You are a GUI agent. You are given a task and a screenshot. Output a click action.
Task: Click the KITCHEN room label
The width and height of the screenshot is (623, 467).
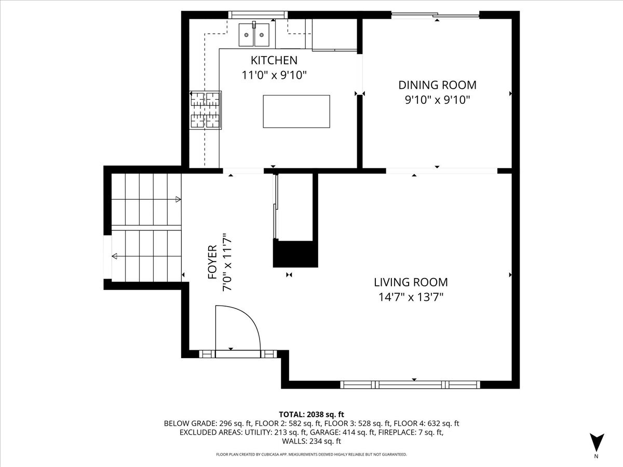[274, 60]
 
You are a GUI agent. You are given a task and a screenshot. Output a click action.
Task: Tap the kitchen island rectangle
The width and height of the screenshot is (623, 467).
[296, 111]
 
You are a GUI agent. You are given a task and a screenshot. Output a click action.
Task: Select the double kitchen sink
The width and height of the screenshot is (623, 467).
[254, 35]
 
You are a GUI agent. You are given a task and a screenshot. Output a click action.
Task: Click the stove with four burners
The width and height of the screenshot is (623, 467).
[205, 109]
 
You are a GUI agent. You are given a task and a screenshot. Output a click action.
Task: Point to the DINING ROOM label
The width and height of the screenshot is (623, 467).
[437, 85]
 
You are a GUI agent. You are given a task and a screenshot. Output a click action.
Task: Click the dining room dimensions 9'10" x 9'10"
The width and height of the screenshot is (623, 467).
[437, 100]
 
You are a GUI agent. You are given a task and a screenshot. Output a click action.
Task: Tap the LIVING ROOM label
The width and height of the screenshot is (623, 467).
[411, 282]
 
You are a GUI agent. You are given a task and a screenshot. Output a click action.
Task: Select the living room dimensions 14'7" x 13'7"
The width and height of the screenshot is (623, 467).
[411, 297]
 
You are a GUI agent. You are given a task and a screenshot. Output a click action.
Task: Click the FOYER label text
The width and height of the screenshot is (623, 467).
[212, 262]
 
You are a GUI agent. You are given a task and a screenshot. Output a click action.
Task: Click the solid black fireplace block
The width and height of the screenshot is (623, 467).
[295, 254]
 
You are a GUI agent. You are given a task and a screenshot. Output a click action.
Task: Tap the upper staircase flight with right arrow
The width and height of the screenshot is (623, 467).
[146, 199]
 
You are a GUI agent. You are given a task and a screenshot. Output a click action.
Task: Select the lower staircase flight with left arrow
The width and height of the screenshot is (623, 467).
[146, 256]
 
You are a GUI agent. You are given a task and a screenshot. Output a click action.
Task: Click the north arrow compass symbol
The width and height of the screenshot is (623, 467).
[597, 443]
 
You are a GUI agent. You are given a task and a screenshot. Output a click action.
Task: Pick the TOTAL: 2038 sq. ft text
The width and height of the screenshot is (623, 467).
[311, 414]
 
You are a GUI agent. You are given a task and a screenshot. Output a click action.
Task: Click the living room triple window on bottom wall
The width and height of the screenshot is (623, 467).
[410, 384]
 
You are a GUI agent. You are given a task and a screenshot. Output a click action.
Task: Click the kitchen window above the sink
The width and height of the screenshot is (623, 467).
[258, 15]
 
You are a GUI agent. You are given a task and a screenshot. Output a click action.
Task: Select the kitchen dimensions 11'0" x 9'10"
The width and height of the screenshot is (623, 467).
[274, 75]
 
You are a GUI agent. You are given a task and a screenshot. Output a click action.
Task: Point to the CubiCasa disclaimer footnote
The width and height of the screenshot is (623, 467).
[311, 455]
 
